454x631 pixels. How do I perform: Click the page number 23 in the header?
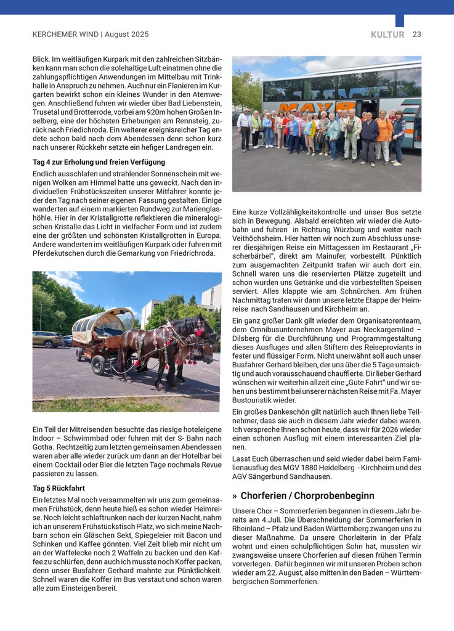(x=416, y=35)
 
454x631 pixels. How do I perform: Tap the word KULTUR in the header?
(x=387, y=35)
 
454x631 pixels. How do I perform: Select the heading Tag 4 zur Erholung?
(x=99, y=162)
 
